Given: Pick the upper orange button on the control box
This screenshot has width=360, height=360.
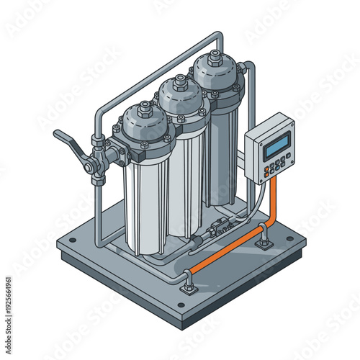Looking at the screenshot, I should [266, 169].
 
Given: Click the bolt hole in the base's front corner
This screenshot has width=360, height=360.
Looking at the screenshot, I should [180, 304].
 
